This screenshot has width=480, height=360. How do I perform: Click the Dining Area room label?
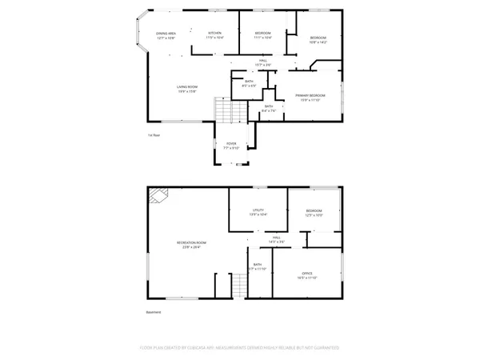pyautogui.click(x=166, y=35)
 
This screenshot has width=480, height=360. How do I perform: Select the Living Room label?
pyautogui.click(x=187, y=89)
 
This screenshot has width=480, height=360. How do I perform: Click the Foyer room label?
pyautogui.click(x=230, y=146)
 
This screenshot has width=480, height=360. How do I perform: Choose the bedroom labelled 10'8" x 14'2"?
pyautogui.click(x=318, y=40)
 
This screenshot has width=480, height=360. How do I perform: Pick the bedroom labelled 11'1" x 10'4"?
pyautogui.click(x=262, y=35)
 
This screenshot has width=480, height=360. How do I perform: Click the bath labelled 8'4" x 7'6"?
pyautogui.click(x=270, y=109)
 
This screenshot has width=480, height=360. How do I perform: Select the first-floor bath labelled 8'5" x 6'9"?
pyautogui.click(x=249, y=82)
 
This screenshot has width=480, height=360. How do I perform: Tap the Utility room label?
pyautogui.click(x=258, y=212)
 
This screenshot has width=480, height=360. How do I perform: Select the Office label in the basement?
pyautogui.click(x=307, y=275)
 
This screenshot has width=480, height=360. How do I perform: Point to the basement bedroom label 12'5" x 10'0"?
pyautogui.click(x=314, y=214)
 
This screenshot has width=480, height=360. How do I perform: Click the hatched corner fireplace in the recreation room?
pyautogui.click(x=158, y=195)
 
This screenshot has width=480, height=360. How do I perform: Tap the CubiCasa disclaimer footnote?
pyautogui.click(x=239, y=348)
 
